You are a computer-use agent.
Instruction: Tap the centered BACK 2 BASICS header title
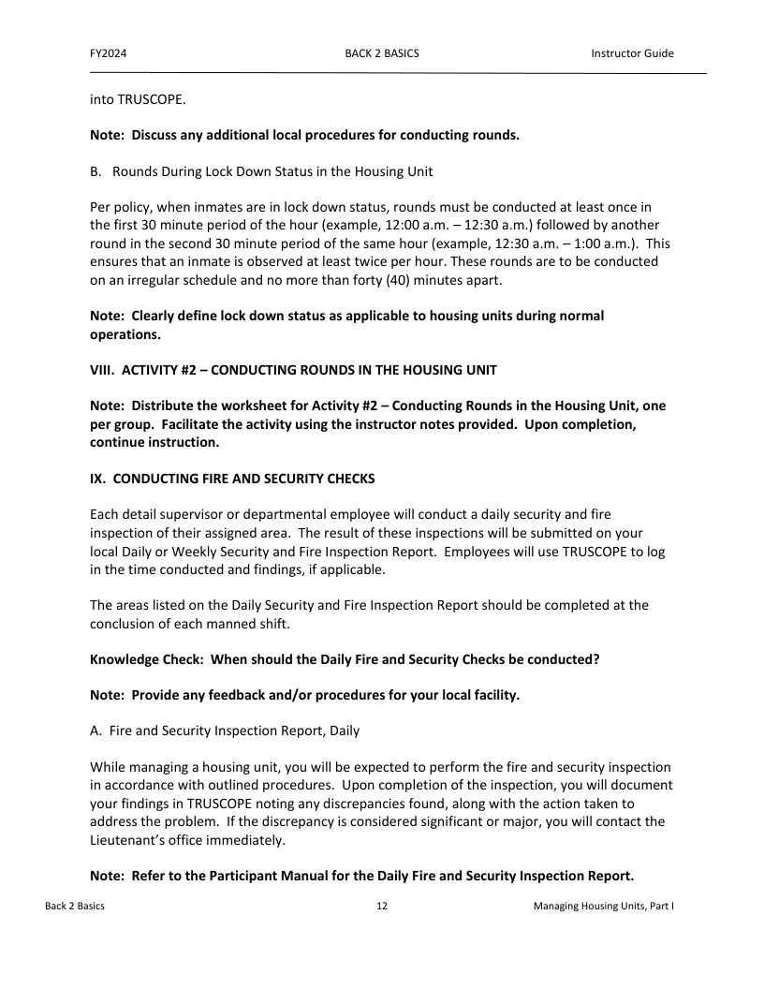382,53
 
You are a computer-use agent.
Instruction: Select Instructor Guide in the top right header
632,53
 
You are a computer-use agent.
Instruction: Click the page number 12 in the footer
382,907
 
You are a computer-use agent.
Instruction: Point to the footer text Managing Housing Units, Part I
604,907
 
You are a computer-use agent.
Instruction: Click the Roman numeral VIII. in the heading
102,369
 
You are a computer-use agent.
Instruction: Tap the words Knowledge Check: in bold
147,659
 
